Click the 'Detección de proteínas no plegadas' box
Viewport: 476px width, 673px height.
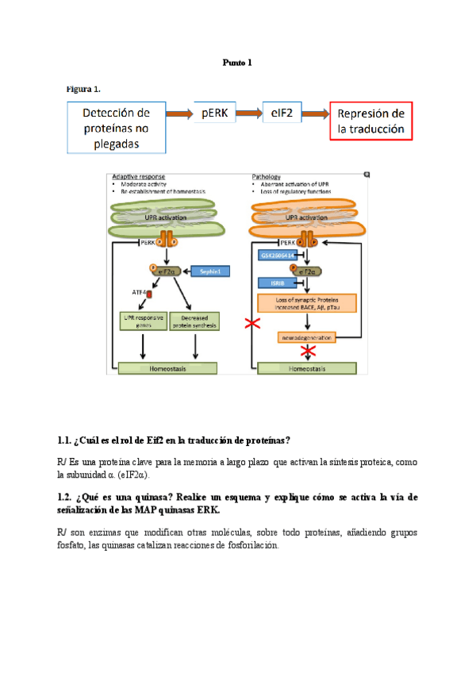coord(117,127)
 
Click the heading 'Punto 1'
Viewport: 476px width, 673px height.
coord(237,62)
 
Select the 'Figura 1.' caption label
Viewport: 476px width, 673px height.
coord(83,88)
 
